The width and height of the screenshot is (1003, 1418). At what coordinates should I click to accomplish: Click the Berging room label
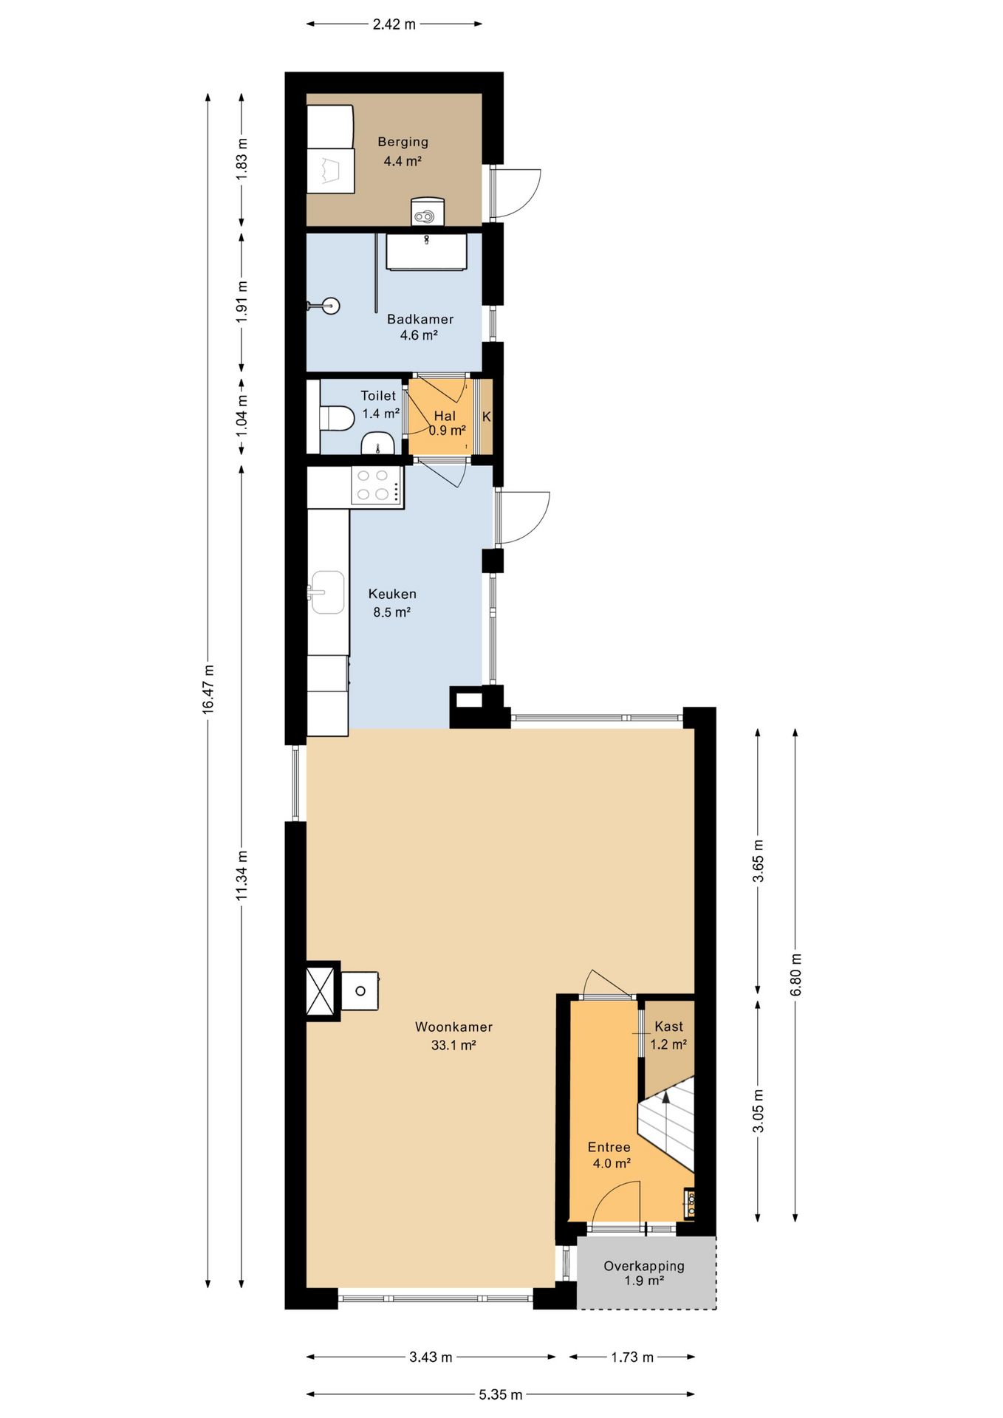tap(403, 142)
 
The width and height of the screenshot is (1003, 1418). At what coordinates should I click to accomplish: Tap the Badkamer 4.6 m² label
tap(420, 327)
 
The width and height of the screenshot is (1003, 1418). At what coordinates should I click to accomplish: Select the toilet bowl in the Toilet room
tap(337, 418)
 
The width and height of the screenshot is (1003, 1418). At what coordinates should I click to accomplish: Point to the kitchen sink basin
tap(327, 592)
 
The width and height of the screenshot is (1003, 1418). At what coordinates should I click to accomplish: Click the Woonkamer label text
tap(453, 1027)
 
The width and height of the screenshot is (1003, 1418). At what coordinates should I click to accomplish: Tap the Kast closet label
tap(668, 1027)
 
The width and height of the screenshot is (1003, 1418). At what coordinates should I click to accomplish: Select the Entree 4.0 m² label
tap(610, 1155)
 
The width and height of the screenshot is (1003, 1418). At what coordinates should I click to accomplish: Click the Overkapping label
tap(644, 1266)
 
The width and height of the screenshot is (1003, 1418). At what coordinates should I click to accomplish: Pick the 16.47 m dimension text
tap(208, 688)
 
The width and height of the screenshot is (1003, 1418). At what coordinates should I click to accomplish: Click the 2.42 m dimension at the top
tap(394, 24)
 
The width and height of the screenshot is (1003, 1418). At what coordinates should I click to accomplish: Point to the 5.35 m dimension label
tap(501, 1394)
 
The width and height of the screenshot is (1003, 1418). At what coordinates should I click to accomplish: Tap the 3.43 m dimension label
tap(431, 1357)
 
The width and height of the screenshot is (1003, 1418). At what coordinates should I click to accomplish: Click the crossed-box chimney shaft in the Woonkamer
tap(324, 991)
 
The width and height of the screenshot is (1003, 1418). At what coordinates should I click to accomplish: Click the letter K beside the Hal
tap(487, 417)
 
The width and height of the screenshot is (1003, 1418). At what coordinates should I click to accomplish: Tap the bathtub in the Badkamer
tap(427, 252)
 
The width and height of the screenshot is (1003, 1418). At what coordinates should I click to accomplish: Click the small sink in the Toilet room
tap(377, 444)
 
